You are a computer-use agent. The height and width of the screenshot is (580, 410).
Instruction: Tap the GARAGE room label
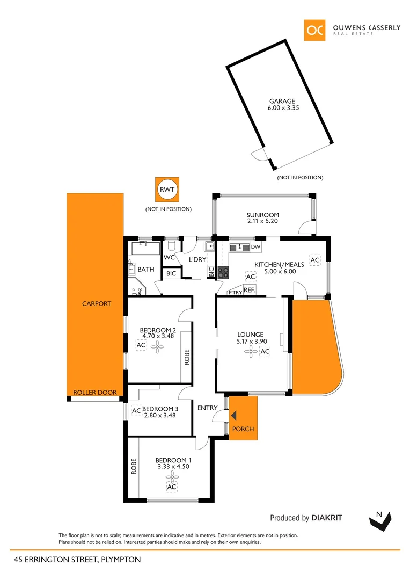pyautogui.click(x=282, y=101)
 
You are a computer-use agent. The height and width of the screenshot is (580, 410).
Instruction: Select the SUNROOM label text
pyautogui.click(x=262, y=215)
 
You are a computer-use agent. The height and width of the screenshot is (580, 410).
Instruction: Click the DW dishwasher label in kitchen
pyautogui.click(x=255, y=247)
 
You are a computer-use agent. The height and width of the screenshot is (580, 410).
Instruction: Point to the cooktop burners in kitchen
pyautogui.click(x=223, y=272)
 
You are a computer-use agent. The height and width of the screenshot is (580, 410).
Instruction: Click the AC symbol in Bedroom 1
pyautogui.click(x=171, y=487)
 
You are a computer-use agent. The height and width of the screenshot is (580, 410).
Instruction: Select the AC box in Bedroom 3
pyautogui.click(x=136, y=411)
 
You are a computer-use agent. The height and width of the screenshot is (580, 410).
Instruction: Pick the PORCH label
pyautogui.click(x=244, y=429)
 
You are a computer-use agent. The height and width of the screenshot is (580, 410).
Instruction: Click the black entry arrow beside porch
pyautogui.click(x=233, y=415)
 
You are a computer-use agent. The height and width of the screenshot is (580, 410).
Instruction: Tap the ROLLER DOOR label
pyautogui.click(x=95, y=393)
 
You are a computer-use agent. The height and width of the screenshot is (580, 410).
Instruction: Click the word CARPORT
pyautogui.click(x=97, y=303)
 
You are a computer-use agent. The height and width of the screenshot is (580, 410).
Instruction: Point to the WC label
pyautogui.click(x=170, y=257)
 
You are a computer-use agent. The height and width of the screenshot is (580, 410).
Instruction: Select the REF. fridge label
pyautogui.click(x=249, y=290)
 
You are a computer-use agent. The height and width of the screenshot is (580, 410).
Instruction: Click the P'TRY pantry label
pyautogui.click(x=235, y=292)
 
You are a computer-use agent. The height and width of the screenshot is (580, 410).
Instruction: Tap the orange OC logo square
pyautogui.click(x=314, y=31)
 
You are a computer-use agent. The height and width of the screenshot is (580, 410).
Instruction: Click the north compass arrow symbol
pyautogui.click(x=380, y=519)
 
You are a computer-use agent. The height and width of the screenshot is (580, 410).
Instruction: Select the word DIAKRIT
pyautogui.click(x=327, y=518)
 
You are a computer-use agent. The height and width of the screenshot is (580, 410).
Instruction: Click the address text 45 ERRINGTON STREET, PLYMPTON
pyautogui.click(x=78, y=560)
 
